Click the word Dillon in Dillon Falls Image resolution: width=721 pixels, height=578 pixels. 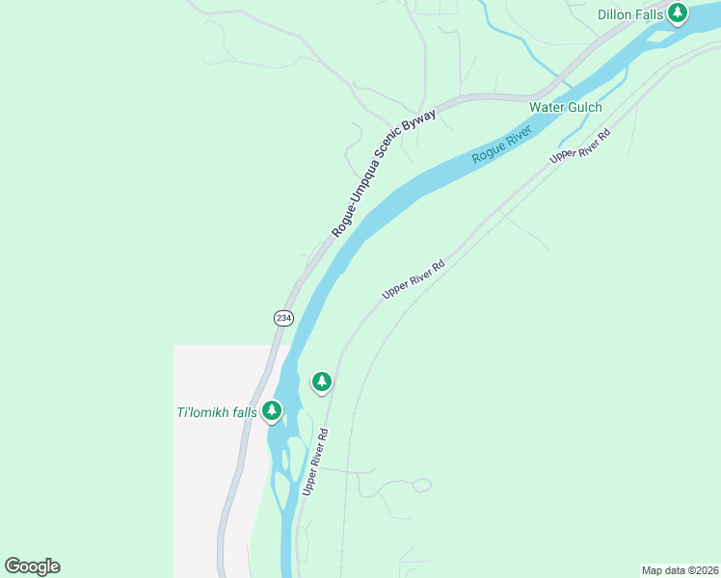(616, 14)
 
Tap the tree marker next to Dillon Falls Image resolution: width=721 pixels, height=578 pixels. (678, 13)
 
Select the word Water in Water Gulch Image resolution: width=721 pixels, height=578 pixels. (547, 107)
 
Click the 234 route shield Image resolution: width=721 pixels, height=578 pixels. (283, 318)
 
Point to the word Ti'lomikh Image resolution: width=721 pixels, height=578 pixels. (202, 413)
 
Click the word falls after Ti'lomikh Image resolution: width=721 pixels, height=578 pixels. (244, 413)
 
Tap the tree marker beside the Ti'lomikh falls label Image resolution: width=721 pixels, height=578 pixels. (272, 411)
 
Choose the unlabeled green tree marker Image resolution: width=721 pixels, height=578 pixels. (322, 381)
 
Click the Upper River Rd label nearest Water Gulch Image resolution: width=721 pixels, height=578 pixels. (580, 145)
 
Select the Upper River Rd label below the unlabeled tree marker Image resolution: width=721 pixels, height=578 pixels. (315, 461)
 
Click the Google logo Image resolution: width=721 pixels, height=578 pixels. (32, 565)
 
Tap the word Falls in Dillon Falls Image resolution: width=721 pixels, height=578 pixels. (653, 14)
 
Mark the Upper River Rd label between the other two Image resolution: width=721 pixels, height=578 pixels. (413, 279)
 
